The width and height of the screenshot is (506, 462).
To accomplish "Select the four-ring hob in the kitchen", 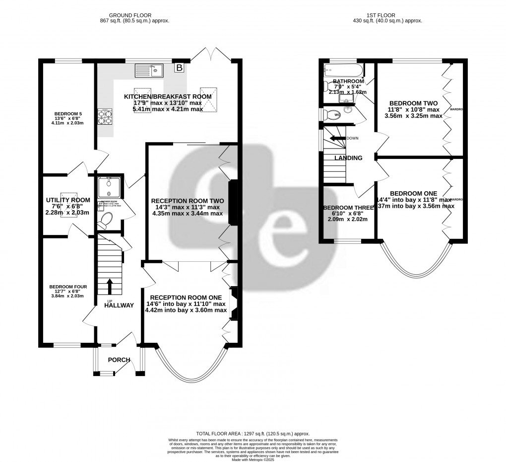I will point(105,117).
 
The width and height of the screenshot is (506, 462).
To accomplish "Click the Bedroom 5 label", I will point(68,114).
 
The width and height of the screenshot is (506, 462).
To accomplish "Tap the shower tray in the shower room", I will point(108,187).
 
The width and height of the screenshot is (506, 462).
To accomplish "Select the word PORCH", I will point(119,360).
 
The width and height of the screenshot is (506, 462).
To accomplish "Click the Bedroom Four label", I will point(68,287).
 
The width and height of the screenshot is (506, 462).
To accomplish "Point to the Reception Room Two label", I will point(187,201).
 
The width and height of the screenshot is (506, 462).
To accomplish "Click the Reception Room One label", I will point(187,297).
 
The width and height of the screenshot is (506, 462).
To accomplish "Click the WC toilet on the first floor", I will point(330,115).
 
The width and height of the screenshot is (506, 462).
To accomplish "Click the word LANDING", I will point(348,158).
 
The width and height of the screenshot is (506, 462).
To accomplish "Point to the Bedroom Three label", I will point(345,208).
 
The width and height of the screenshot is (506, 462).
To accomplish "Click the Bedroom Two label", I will point(414,103).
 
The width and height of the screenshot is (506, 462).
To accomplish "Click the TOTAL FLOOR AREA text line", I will point(253,433).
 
